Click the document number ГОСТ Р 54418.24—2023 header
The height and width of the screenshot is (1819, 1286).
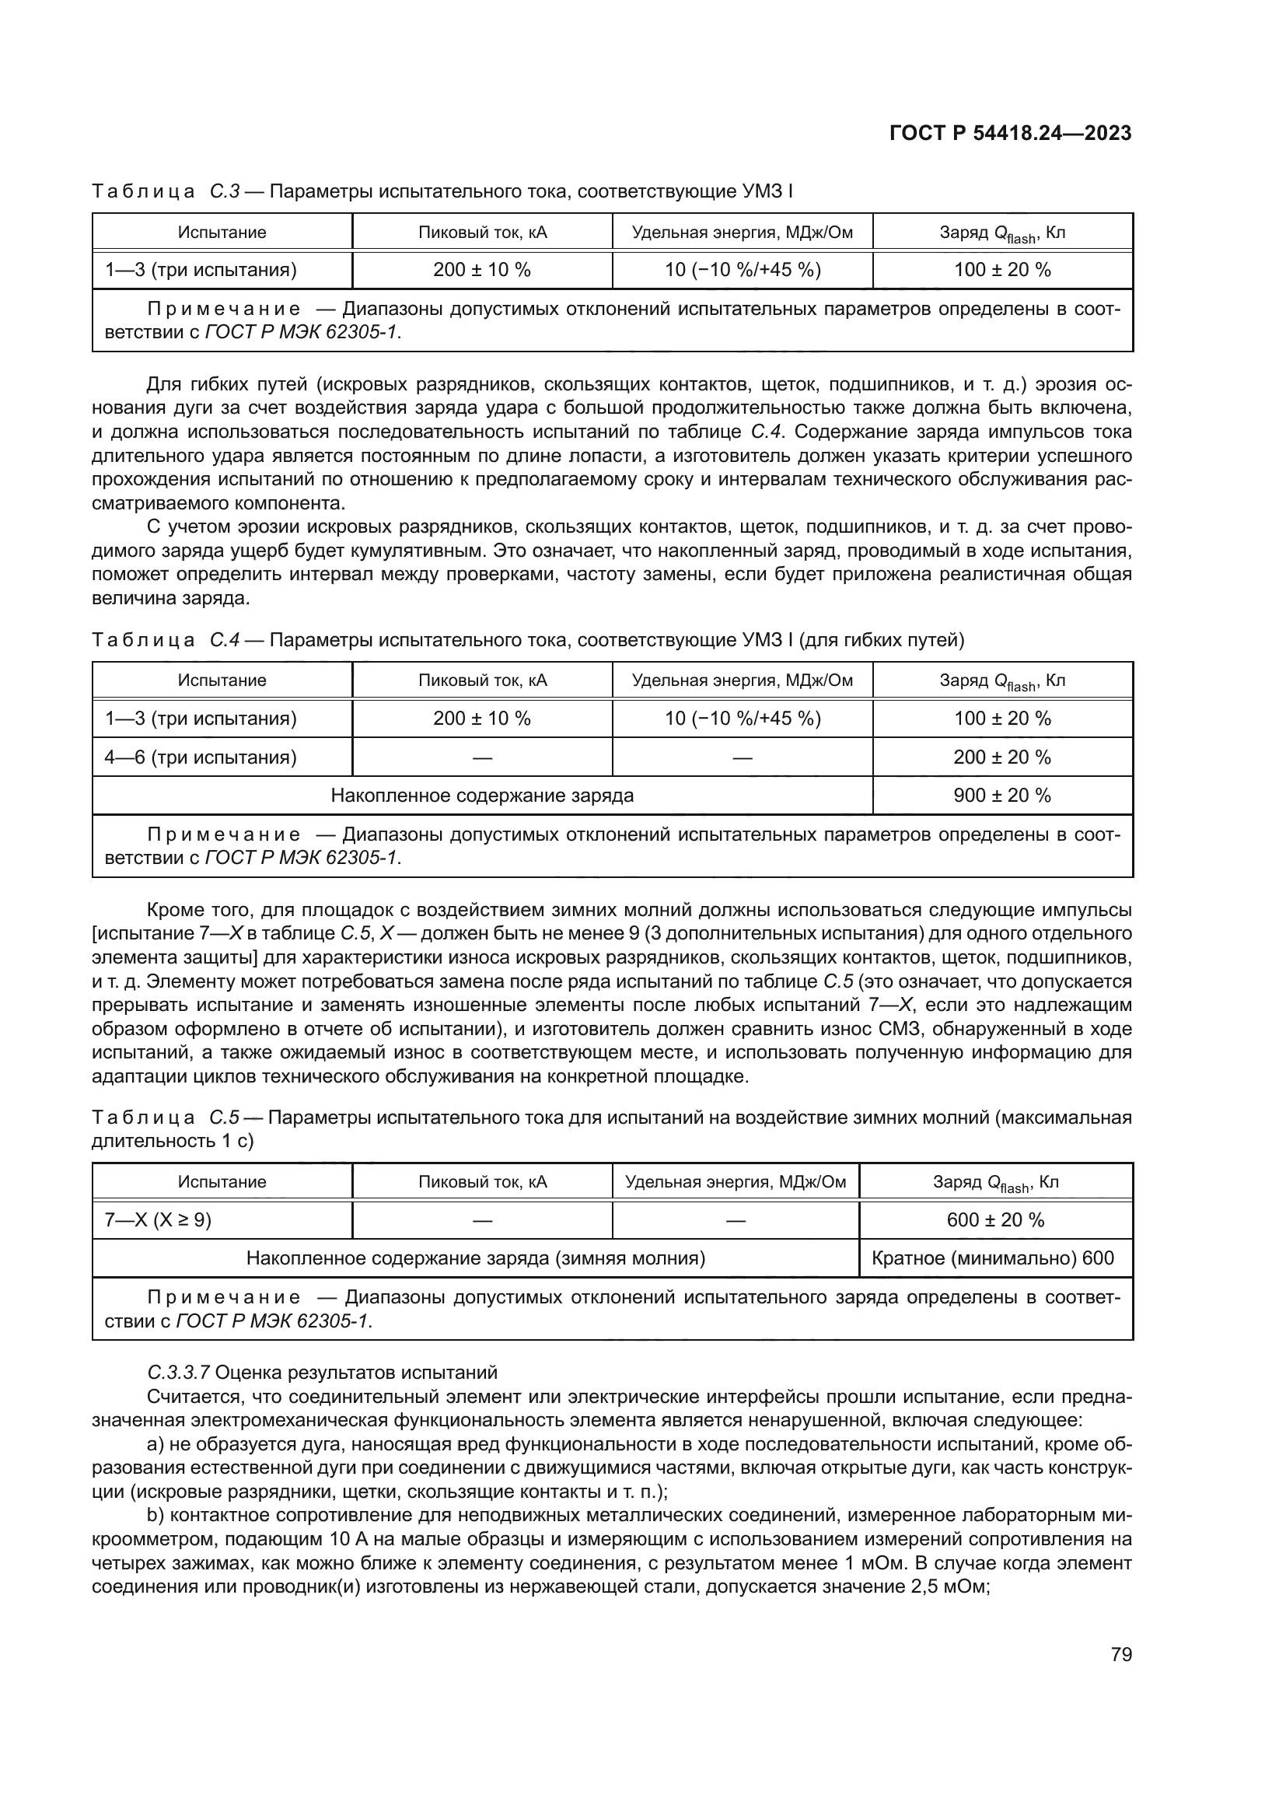[1011, 134]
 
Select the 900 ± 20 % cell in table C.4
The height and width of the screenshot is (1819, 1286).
[1001, 796]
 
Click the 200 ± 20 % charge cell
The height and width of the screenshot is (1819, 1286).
[1001, 757]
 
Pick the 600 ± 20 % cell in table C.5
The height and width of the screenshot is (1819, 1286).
[995, 1220]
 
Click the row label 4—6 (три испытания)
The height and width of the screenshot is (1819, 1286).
[201, 757]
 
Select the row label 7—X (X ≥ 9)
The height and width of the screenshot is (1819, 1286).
[159, 1220]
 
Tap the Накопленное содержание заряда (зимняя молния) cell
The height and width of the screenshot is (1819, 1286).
[475, 1258]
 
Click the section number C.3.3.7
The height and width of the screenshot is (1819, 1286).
[178, 1372]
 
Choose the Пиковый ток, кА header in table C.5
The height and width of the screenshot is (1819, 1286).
[482, 1182]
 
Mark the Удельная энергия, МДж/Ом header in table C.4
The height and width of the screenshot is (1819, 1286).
[742, 680]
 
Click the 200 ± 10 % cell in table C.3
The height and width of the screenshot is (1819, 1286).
[481, 270]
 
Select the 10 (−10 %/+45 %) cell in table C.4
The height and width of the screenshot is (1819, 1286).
[742, 719]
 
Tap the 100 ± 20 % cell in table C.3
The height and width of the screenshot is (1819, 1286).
[1001, 270]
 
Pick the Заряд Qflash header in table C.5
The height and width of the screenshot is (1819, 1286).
[995, 1183]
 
